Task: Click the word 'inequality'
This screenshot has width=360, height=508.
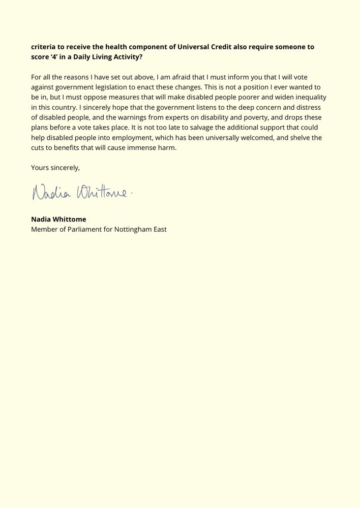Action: pos(308,97)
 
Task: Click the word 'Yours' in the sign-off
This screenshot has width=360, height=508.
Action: pos(40,168)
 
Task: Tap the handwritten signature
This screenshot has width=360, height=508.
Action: pos(81,193)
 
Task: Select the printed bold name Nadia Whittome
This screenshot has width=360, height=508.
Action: pos(58,219)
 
